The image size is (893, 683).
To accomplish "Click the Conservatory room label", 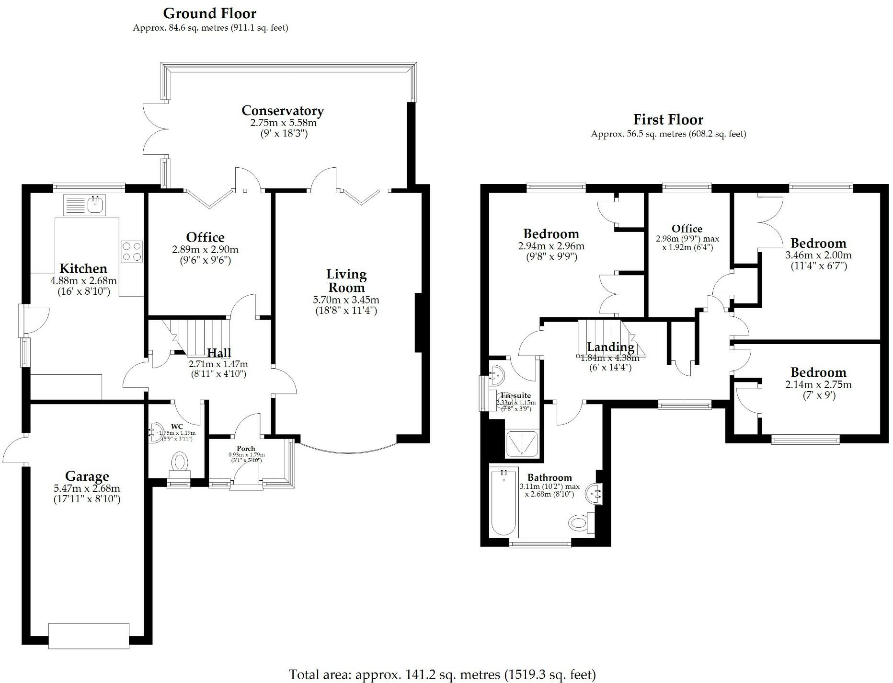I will pyautogui.click(x=283, y=111).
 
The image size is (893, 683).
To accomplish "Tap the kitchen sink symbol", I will pyautogui.click(x=85, y=205).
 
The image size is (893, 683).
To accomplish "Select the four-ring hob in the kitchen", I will pyautogui.click(x=132, y=251).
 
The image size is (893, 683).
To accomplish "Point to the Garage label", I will pyautogui.click(x=87, y=476).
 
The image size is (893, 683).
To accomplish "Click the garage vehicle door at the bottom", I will pyautogui.click(x=89, y=636).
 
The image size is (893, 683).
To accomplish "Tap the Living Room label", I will pyautogui.click(x=346, y=281).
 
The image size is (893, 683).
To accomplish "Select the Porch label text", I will pyautogui.click(x=246, y=449).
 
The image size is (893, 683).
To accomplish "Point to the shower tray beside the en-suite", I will pyautogui.click(x=522, y=443).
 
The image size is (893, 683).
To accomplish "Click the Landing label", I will pyautogui.click(x=610, y=347).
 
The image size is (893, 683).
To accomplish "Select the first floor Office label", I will pyautogui.click(x=687, y=229).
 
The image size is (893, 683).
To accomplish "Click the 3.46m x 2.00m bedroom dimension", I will pyautogui.click(x=818, y=255).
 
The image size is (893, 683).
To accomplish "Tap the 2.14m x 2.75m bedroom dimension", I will pyautogui.click(x=818, y=384).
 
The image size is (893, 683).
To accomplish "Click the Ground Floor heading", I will pyautogui.click(x=210, y=13).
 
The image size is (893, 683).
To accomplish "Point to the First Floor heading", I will pyautogui.click(x=668, y=119).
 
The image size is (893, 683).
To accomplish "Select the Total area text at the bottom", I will pyautogui.click(x=442, y=674).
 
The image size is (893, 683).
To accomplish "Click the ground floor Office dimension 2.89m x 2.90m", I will pyautogui.click(x=205, y=249).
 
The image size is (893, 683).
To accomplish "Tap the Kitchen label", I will pyautogui.click(x=83, y=268).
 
